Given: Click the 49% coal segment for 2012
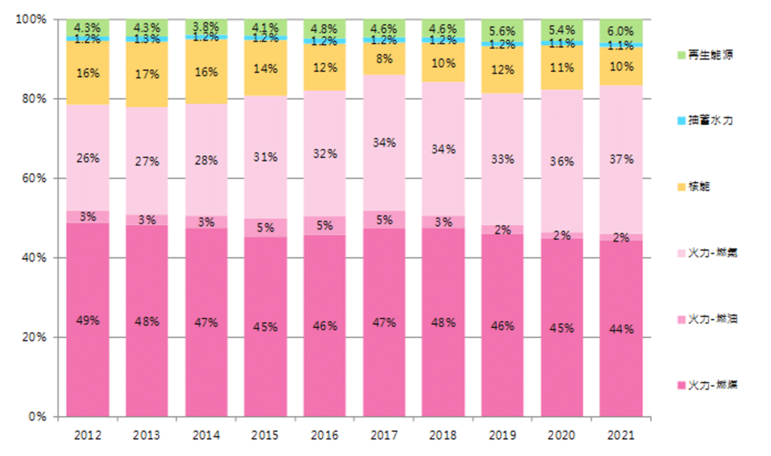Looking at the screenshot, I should (x=87, y=320).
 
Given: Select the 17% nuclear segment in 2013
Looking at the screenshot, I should (x=147, y=74).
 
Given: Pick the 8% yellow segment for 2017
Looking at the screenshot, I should (x=384, y=58).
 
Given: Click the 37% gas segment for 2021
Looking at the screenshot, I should (x=621, y=160).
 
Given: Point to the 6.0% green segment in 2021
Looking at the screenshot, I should (x=621, y=31).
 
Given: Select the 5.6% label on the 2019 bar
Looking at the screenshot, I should (x=502, y=31).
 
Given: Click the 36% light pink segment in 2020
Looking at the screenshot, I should (x=562, y=161).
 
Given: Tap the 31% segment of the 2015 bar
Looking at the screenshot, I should (x=266, y=157).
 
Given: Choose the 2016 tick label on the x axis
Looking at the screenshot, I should (x=325, y=436).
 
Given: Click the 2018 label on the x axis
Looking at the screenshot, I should (x=443, y=436).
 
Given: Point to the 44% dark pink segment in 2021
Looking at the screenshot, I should (x=621, y=329).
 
